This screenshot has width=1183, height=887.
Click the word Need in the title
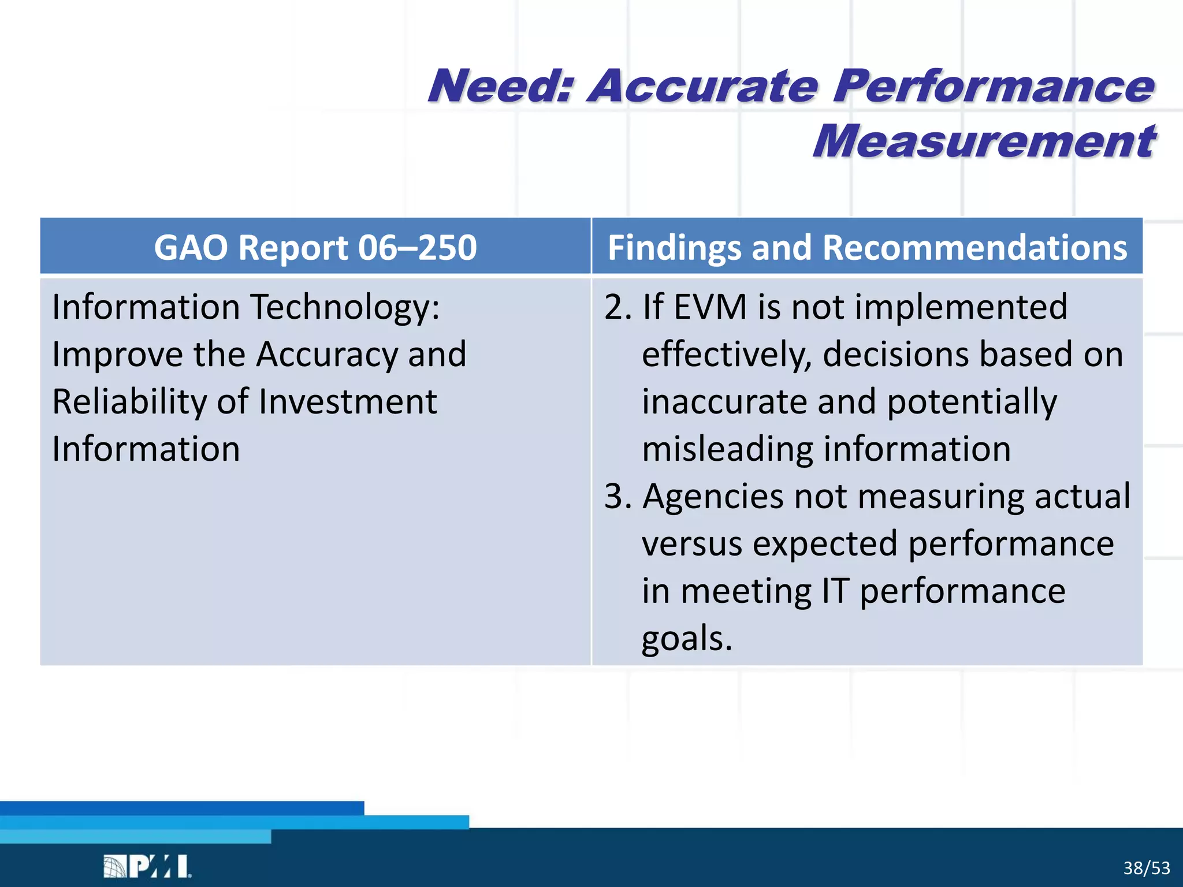point(500,87)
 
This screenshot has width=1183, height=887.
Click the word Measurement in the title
point(984,141)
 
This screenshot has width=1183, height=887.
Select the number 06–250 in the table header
point(417,248)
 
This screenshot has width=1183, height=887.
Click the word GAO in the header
point(191,248)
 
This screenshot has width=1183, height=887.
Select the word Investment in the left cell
point(348,402)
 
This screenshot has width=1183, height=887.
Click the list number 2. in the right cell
point(618,307)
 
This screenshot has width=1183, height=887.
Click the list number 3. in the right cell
point(618,497)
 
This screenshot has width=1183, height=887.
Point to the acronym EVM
point(710,307)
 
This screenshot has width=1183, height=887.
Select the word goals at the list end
point(686,639)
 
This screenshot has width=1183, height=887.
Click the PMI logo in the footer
point(147,866)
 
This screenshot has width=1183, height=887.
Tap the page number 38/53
point(1146,868)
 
